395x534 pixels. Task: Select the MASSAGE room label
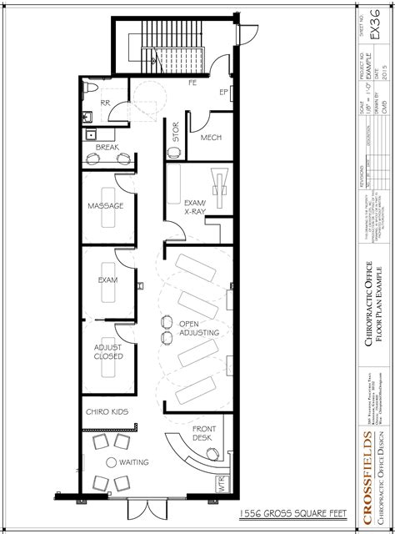(106, 205)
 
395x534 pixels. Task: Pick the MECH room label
(211, 138)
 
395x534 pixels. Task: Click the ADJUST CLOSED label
(107, 351)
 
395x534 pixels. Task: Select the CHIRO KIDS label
(106, 412)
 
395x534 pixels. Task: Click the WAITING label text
(133, 461)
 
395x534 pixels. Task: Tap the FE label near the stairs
(192, 83)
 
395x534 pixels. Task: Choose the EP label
(223, 91)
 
